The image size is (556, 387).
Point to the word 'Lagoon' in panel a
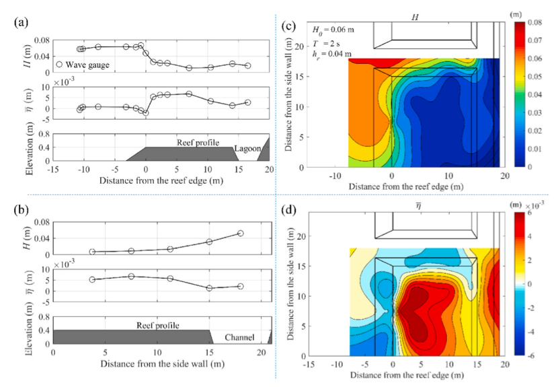pos(246,149)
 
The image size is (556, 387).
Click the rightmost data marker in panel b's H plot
pos(241,234)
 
